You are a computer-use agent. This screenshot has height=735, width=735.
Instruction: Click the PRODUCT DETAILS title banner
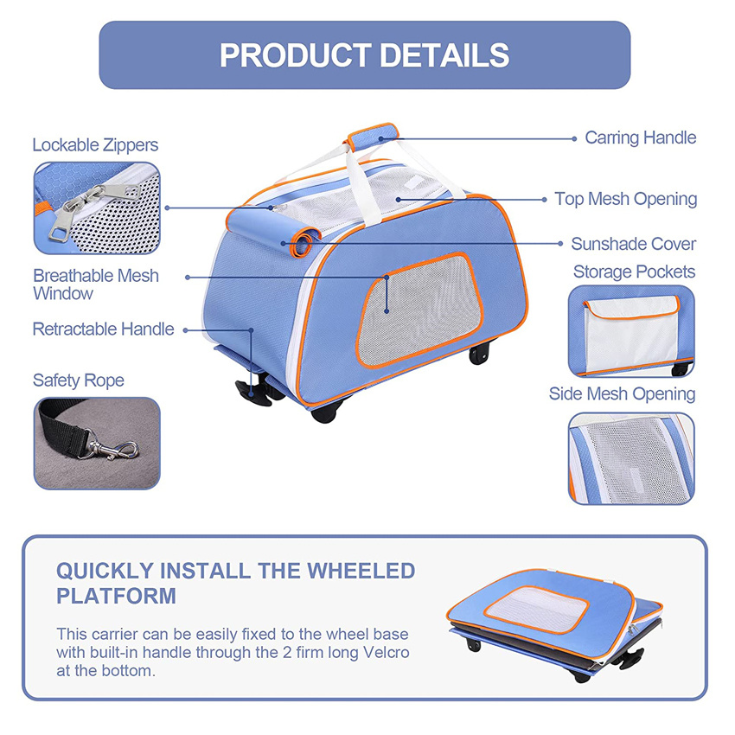tap(364, 54)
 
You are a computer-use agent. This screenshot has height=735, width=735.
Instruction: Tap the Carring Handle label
tap(640, 137)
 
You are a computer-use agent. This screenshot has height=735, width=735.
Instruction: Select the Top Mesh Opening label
tap(625, 199)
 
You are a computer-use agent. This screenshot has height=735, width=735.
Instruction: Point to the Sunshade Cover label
tap(633, 244)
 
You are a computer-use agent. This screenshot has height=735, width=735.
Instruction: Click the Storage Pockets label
tap(634, 272)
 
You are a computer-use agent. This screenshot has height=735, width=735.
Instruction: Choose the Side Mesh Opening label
tap(622, 394)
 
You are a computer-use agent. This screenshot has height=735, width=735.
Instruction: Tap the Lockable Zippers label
tap(95, 144)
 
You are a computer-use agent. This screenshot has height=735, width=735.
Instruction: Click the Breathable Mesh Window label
tap(96, 284)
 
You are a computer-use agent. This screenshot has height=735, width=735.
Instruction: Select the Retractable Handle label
tap(103, 329)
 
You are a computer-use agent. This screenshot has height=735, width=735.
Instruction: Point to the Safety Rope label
tap(78, 380)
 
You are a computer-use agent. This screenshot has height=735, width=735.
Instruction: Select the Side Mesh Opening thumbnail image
tap(631, 458)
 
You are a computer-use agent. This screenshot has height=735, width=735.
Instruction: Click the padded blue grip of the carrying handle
tap(372, 136)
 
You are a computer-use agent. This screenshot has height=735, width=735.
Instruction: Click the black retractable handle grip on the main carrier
tap(252, 392)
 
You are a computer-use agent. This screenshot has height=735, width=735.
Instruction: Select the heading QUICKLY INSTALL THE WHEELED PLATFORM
tap(235, 583)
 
